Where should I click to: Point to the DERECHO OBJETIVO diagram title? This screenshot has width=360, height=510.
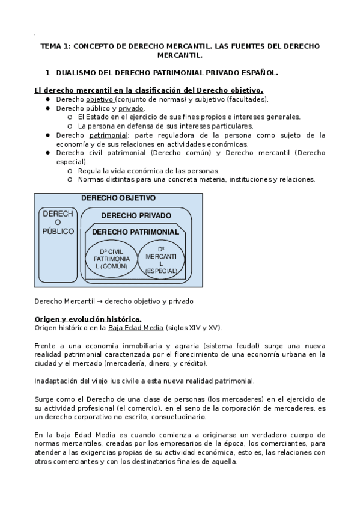point(118,198)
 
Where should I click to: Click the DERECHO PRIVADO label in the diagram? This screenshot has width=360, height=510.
point(136,215)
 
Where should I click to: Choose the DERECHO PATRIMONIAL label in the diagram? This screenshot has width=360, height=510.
point(135,232)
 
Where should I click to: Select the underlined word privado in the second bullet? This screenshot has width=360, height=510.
point(130,108)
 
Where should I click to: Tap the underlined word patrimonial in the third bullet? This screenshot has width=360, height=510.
point(112,135)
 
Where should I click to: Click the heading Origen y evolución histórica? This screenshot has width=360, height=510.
point(88,318)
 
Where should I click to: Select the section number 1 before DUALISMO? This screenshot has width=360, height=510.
point(47,73)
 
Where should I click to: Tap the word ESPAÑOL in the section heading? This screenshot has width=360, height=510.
point(260,73)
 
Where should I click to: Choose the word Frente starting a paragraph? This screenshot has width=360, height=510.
point(46,345)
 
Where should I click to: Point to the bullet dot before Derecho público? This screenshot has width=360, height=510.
point(47,108)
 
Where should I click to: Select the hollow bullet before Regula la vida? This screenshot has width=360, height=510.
point(70,171)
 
